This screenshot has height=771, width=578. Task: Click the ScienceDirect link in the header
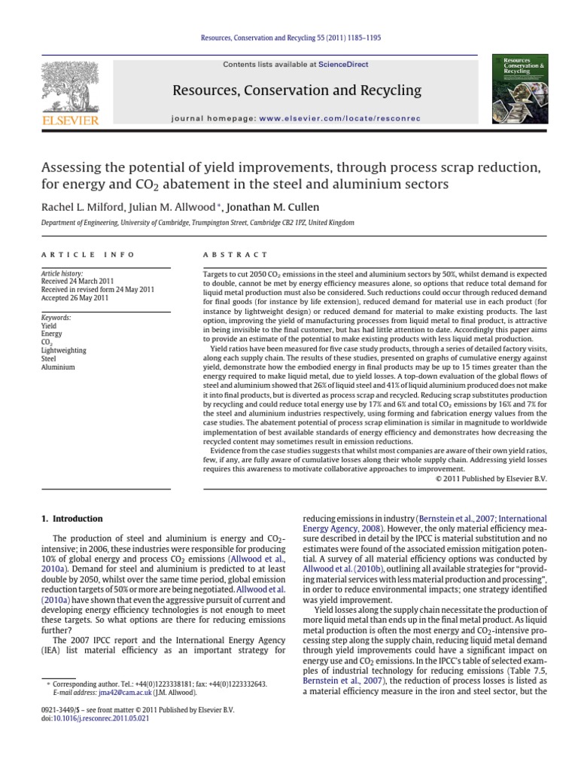[x=343, y=65]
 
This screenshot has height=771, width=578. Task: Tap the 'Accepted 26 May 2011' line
[x=75, y=298]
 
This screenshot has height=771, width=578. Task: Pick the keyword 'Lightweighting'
[x=64, y=350]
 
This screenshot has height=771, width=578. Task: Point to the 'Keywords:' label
[x=56, y=318]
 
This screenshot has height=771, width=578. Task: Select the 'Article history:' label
[x=62, y=274]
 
